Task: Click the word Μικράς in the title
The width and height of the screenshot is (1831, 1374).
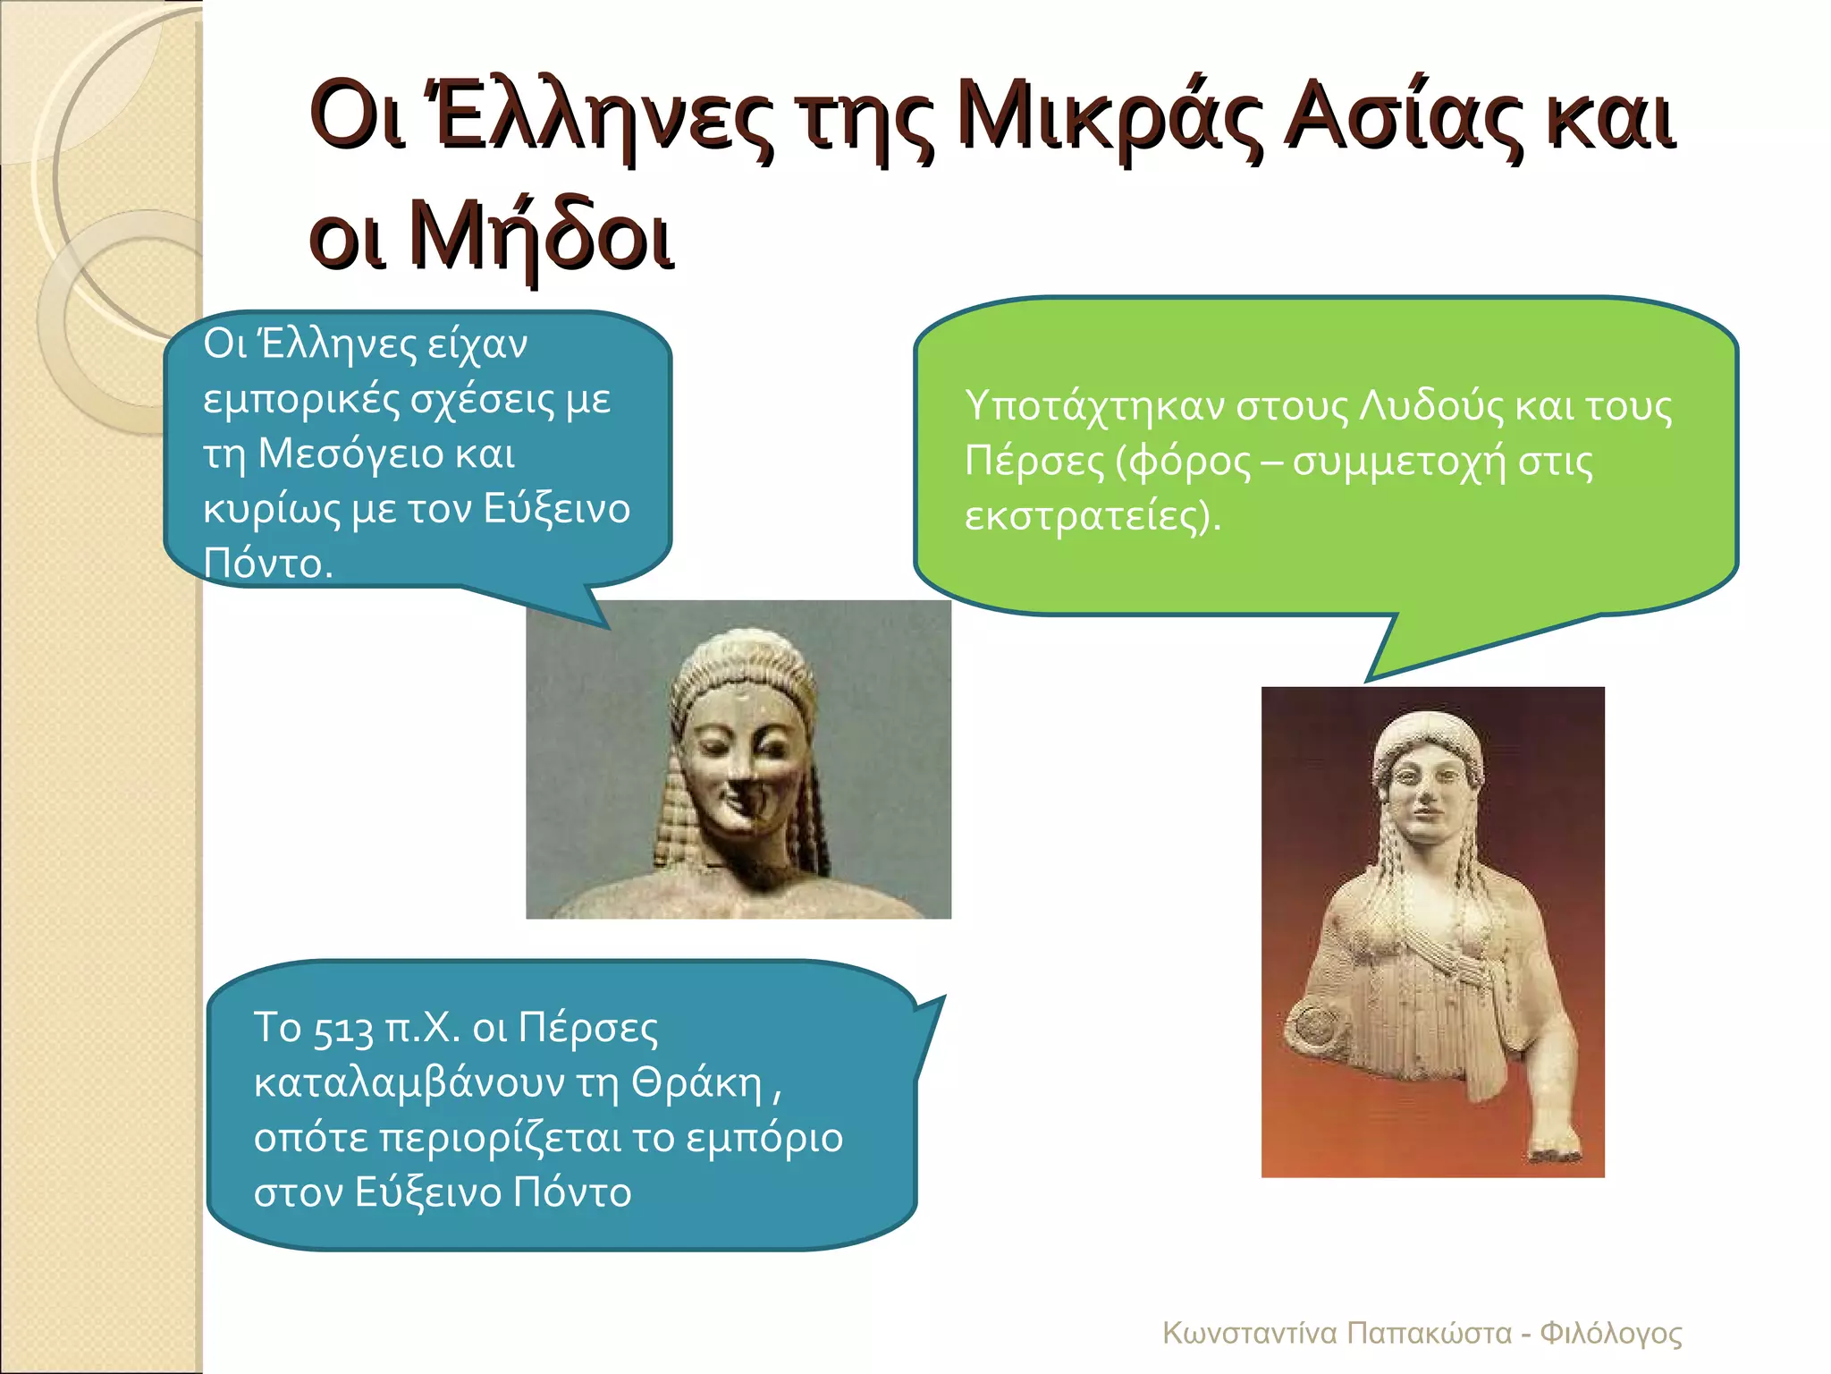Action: coord(1110,121)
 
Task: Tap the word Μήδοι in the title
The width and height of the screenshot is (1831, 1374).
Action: coord(540,237)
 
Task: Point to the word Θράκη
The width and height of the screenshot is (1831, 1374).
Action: coord(697,1083)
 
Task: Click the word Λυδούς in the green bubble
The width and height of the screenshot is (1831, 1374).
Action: coord(1431,407)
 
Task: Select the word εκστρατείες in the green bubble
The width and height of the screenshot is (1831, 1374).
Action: coord(1085,516)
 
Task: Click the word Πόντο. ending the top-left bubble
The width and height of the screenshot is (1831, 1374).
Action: coord(267,564)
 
